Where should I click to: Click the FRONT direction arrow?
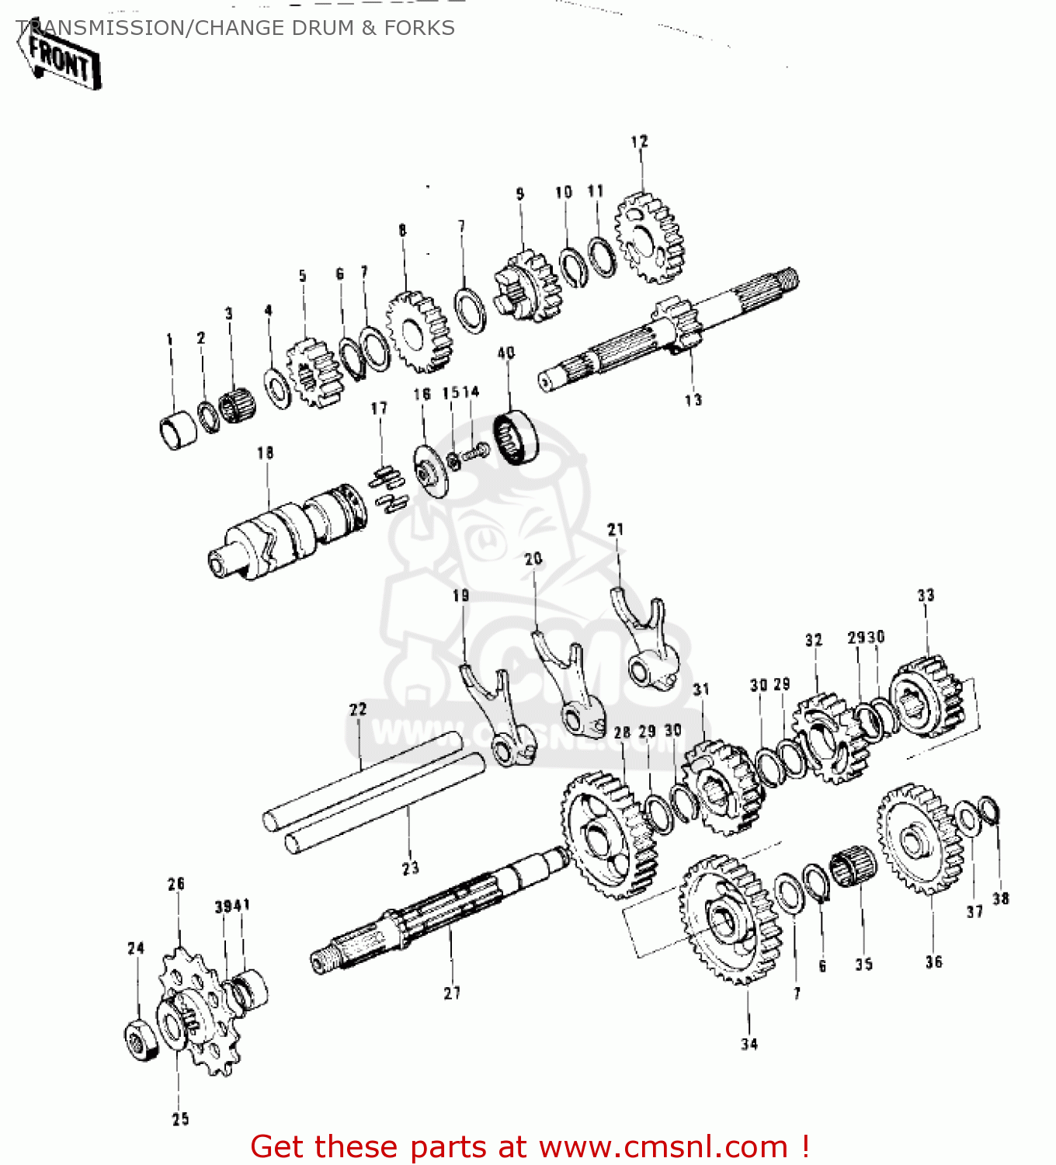pyautogui.click(x=61, y=58)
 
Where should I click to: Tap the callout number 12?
pyautogui.click(x=639, y=141)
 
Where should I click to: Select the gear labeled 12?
pyautogui.click(x=650, y=238)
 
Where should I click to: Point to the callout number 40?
pyautogui.click(x=506, y=353)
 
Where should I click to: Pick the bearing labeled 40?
pyautogui.click(x=516, y=439)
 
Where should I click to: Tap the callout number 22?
pyautogui.click(x=358, y=709)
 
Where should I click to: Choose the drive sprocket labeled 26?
pyautogui.click(x=200, y=1010)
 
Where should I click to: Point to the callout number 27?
pyautogui.click(x=452, y=993)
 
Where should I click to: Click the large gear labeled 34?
pyautogui.click(x=730, y=920)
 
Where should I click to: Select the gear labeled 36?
pyautogui.click(x=919, y=839)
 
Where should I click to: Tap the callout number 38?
pyautogui.click(x=1001, y=899)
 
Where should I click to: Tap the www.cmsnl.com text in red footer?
pyautogui.click(x=663, y=1147)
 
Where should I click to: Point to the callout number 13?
pyautogui.click(x=693, y=400)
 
